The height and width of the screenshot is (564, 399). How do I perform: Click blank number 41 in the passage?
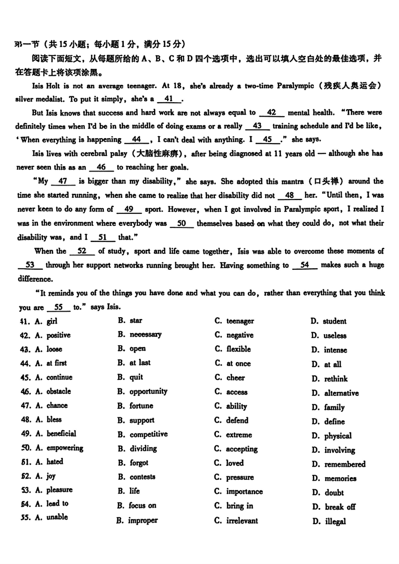(x=168, y=99)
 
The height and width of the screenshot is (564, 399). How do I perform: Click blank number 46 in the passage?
(x=101, y=168)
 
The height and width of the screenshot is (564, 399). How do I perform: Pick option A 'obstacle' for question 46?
(x=58, y=391)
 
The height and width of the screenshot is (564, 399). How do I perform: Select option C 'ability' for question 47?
(x=236, y=406)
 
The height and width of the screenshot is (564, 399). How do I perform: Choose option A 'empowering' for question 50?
(x=64, y=448)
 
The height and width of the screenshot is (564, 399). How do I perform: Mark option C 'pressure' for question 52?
(x=239, y=478)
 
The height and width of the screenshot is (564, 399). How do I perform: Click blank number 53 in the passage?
(x=29, y=266)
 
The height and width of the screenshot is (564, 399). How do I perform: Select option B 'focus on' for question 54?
(x=142, y=506)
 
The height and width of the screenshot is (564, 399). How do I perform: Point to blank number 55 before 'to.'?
(x=58, y=308)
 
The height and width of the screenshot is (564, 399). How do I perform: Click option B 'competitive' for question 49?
(x=148, y=434)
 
